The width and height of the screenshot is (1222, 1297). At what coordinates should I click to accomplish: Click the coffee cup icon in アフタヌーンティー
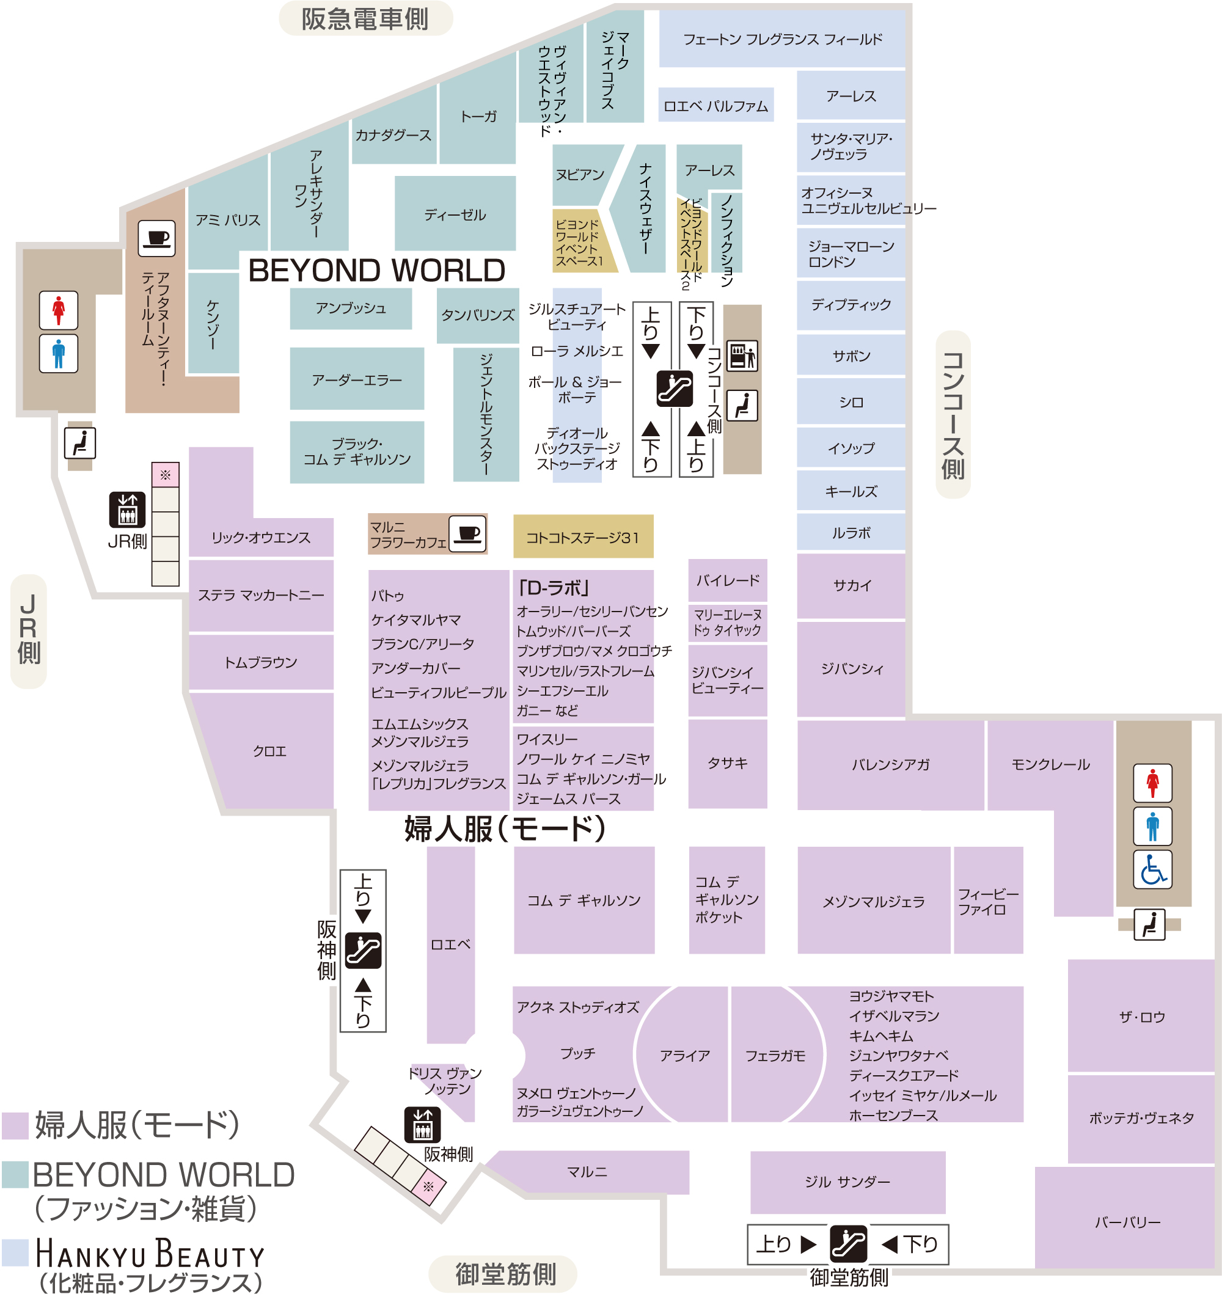pyautogui.click(x=156, y=238)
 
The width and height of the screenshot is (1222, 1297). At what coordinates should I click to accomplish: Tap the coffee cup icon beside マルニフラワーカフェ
pyautogui.click(x=468, y=534)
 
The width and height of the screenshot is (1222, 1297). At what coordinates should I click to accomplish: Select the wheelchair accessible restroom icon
pyautogui.click(x=1152, y=870)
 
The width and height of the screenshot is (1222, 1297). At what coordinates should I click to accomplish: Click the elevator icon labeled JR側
pyautogui.click(x=127, y=510)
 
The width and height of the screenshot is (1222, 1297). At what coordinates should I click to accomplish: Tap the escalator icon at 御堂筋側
pyautogui.click(x=848, y=1244)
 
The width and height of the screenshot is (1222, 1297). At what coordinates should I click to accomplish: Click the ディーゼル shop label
pyautogui.click(x=455, y=214)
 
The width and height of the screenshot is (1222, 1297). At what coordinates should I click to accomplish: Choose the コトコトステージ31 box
pyautogui.click(x=583, y=536)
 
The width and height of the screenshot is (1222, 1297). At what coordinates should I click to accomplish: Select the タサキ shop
pyautogui.click(x=728, y=763)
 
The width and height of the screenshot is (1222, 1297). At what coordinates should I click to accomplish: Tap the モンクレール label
pyautogui.click(x=1050, y=765)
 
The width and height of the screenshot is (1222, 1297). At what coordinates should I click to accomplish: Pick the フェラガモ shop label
pyautogui.click(x=775, y=1056)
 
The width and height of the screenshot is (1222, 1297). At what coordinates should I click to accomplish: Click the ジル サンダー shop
pyautogui.click(x=847, y=1182)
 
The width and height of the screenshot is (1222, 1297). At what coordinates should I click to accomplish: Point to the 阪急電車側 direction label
pyautogui.click(x=365, y=19)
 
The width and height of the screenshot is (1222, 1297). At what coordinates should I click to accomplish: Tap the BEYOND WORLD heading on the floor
pyautogui.click(x=377, y=270)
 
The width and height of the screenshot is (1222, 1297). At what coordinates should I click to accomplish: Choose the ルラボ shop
pyautogui.click(x=851, y=533)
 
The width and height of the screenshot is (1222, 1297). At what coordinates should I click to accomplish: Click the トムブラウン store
pyautogui.click(x=261, y=663)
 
